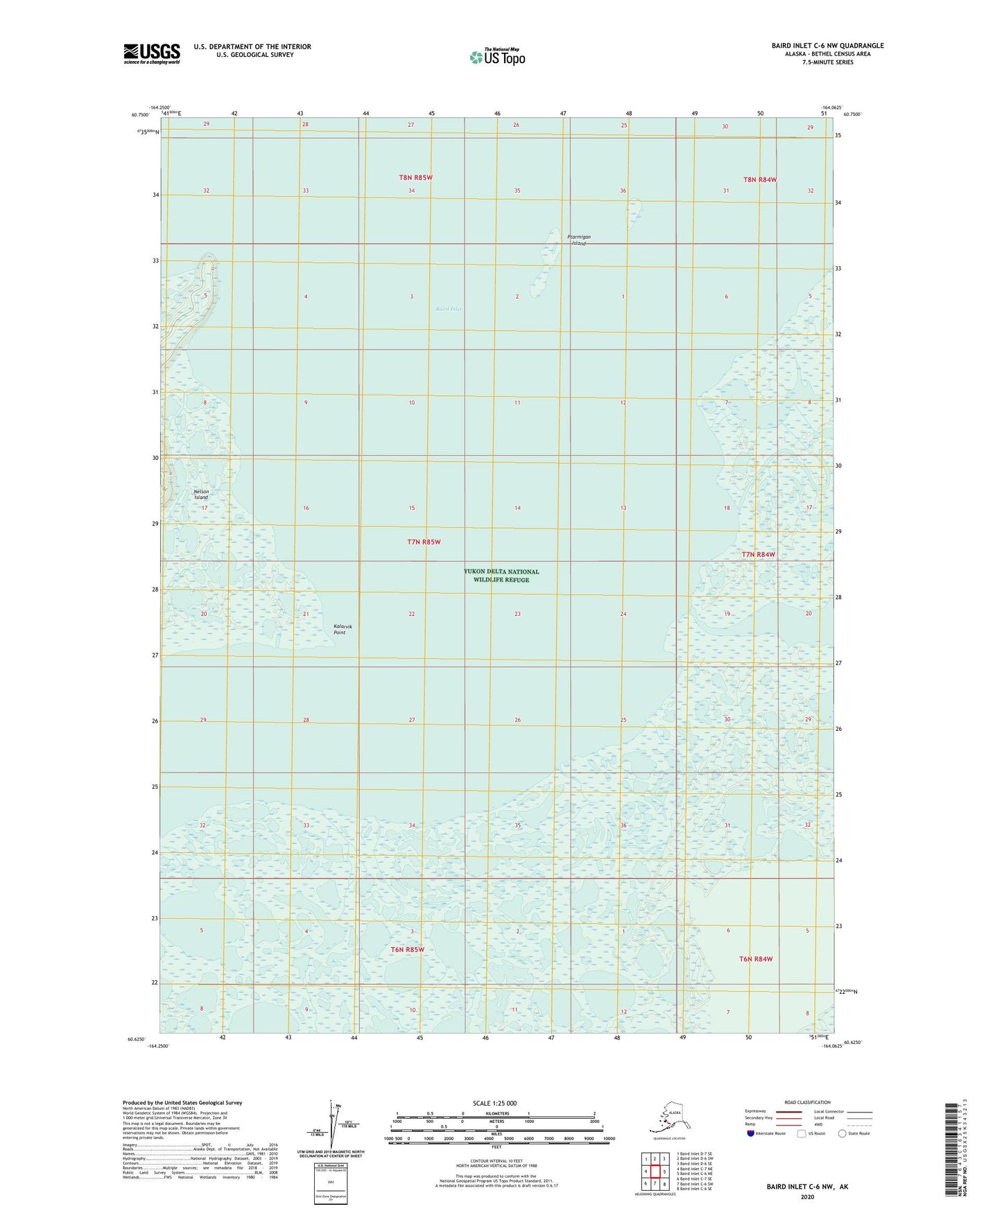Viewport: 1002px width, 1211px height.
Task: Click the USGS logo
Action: pos(152,53)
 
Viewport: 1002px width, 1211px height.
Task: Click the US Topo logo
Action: pos(496,57)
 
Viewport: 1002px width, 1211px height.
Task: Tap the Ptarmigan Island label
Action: pos(579,240)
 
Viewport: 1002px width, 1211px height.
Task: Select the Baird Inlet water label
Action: pos(449,309)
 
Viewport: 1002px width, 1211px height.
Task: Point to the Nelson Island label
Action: pos(201,495)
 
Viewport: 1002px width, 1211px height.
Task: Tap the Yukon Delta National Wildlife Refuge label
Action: pos(501,576)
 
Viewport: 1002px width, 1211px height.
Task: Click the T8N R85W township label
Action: pos(415,178)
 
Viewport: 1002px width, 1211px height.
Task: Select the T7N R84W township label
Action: pos(758,554)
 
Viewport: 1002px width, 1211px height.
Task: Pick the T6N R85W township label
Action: pos(407,950)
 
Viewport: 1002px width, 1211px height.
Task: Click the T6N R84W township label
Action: pos(755,959)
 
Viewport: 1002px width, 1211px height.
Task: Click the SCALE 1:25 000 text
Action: pos(495,1103)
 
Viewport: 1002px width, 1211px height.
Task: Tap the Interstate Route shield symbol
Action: pos(751,1133)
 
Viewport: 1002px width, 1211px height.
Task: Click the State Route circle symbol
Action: pos(842,1133)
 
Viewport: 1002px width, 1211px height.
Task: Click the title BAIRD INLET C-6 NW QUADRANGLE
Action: pos(827,46)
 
